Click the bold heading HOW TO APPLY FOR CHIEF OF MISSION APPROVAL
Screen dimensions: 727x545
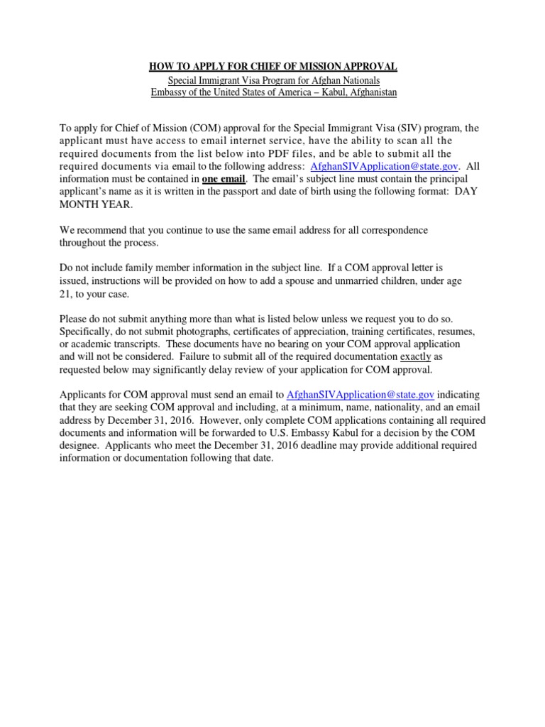(272, 67)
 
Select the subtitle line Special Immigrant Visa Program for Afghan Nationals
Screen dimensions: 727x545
(272, 80)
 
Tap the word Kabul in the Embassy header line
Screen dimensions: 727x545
(319, 92)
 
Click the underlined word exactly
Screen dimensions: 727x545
(415, 356)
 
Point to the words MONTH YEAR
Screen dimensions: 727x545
(95, 204)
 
